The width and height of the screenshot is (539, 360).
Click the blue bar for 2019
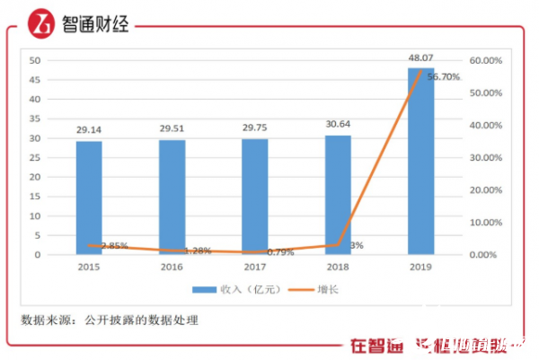(x=420, y=162)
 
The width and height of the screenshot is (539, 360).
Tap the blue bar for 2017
(x=255, y=197)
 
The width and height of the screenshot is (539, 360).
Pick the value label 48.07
(x=420, y=57)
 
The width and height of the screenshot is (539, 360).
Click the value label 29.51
(x=172, y=128)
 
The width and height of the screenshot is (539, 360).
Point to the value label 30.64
(x=338, y=125)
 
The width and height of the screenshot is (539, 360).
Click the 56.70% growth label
(x=444, y=77)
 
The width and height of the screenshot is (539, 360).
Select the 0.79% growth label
(x=280, y=252)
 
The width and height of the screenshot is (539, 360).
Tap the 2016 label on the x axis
(x=172, y=268)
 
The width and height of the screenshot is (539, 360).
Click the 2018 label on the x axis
(x=338, y=268)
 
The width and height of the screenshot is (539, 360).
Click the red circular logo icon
(x=39, y=23)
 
